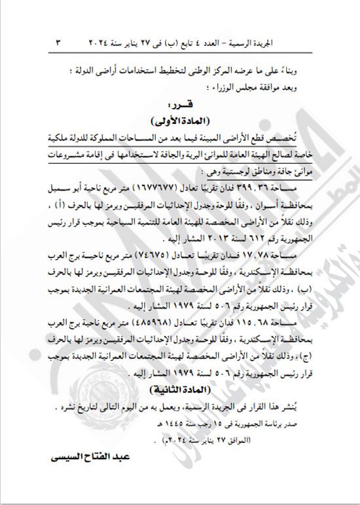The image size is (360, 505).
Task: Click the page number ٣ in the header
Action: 57,42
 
